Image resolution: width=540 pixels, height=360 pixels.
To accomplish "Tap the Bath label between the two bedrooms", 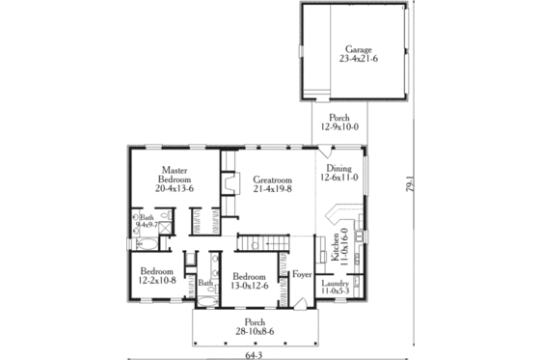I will pos(204,283).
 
